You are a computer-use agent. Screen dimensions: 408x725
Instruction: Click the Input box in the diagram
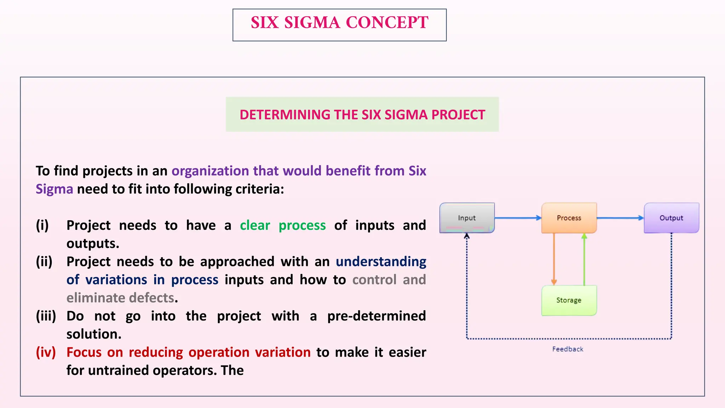[x=467, y=218]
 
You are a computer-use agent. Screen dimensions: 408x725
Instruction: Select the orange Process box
[x=569, y=218]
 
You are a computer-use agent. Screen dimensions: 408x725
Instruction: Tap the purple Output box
[x=671, y=218]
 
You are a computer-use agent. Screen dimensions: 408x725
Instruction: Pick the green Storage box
[x=569, y=300]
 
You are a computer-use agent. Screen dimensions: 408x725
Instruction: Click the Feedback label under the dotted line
[x=567, y=349]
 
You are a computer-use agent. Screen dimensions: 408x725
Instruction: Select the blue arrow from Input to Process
[x=518, y=218]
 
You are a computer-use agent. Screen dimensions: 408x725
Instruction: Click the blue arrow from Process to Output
[x=620, y=218]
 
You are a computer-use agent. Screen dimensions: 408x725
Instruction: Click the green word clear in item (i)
[x=255, y=226]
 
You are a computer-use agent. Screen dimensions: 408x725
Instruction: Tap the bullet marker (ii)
[x=44, y=262]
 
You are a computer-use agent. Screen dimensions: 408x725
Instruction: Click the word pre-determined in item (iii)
[x=376, y=316]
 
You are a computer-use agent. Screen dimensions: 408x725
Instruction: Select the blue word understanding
[x=381, y=262]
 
